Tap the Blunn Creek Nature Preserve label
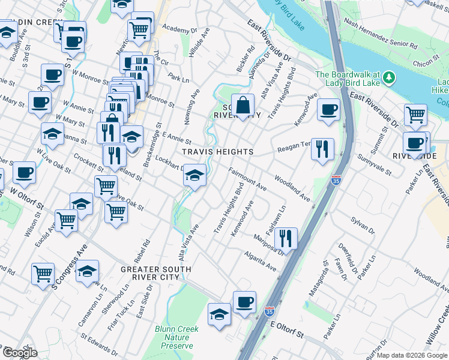174,337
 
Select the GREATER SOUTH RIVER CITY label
150,273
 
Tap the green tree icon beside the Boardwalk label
389,77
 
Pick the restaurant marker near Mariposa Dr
286,238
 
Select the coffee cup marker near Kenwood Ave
328,109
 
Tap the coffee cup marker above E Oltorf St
244,302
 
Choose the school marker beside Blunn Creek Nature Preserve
220,314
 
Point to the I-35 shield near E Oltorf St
269,311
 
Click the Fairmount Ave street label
247,178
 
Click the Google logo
19,353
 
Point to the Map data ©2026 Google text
411,355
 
